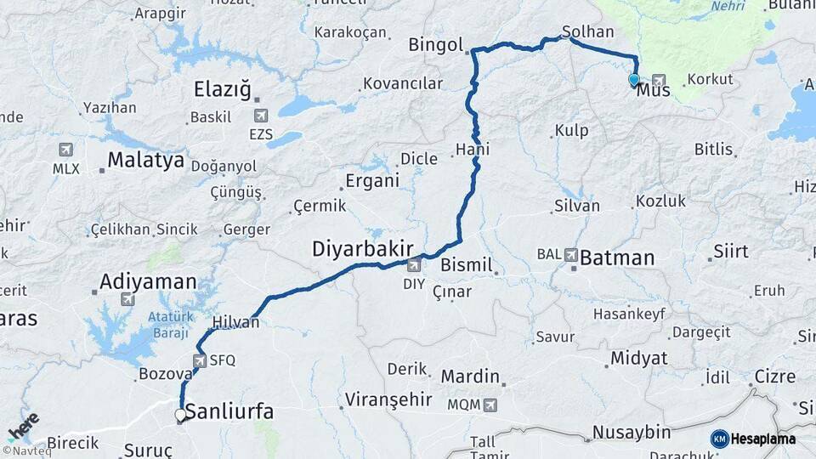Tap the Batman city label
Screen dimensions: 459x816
[x=617, y=258]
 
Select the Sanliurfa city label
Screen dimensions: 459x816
[x=229, y=413]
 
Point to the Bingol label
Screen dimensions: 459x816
[x=435, y=45]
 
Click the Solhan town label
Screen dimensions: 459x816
[x=587, y=32]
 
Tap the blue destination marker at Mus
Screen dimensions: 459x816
[x=633, y=81]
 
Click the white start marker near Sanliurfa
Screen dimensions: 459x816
[x=180, y=416]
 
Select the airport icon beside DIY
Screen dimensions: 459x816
[x=413, y=266]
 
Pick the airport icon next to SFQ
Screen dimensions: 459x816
[x=199, y=360]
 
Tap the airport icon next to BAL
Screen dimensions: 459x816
[x=570, y=254]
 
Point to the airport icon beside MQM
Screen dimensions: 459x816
[x=490, y=405]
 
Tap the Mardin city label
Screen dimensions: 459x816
[x=470, y=376]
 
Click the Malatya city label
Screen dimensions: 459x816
[x=146, y=160]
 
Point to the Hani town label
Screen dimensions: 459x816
[x=473, y=150]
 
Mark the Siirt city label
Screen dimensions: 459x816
[x=730, y=252]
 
